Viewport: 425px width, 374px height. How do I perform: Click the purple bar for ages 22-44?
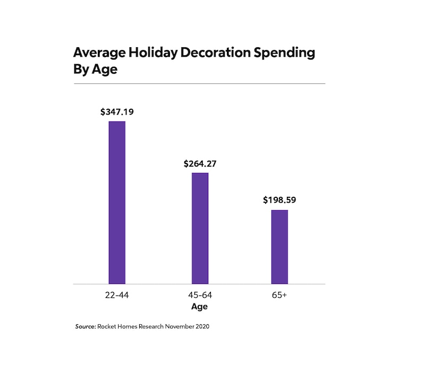click(x=117, y=203)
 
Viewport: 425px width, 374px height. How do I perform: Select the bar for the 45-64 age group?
click(x=200, y=228)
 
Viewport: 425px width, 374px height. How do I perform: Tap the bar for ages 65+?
click(x=279, y=247)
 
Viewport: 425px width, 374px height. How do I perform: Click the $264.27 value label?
click(x=200, y=163)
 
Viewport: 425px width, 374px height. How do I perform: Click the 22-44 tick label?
click(x=117, y=295)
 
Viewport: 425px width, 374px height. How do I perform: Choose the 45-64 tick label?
click(x=200, y=295)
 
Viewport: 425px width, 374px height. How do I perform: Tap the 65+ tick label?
click(x=279, y=295)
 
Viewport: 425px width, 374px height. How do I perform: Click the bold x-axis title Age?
click(x=200, y=307)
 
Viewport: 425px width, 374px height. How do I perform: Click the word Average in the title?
click(x=97, y=53)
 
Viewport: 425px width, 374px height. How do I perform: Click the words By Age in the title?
click(x=95, y=70)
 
